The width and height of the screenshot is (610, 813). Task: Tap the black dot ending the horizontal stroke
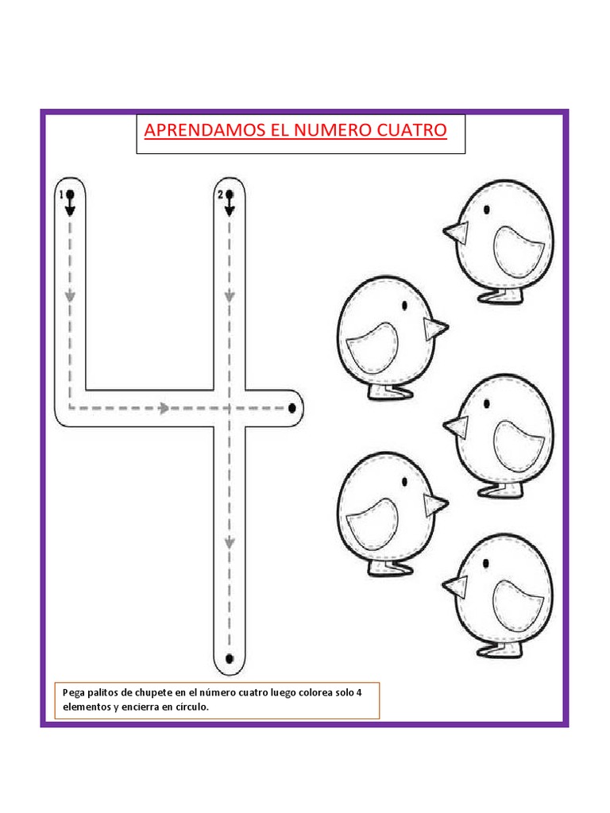pos(292,408)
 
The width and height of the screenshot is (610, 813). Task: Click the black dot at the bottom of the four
pos(230,658)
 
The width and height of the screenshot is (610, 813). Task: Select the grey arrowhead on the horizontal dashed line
pos(164,408)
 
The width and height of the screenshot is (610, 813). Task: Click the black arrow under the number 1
pos(71,209)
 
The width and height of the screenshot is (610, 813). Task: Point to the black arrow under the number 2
pos(230,209)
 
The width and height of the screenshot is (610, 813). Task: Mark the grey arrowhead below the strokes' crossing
pos(230,543)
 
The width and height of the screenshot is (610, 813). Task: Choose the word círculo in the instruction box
pos(191,707)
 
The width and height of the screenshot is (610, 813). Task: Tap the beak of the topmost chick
pos(455,233)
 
